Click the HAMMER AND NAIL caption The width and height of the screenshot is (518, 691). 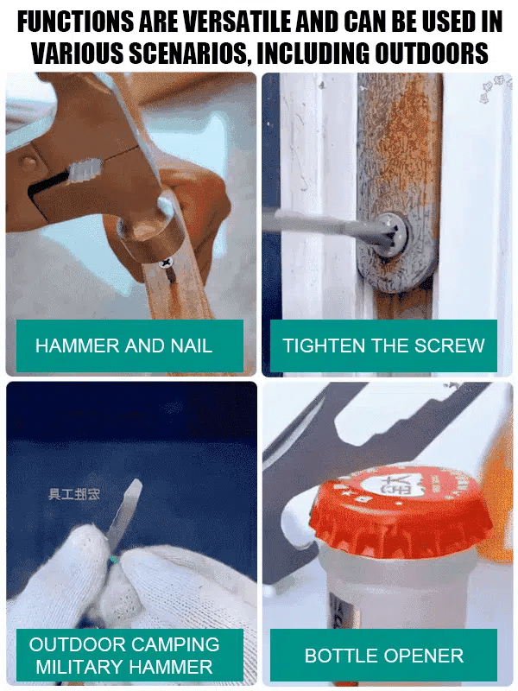pos(123,346)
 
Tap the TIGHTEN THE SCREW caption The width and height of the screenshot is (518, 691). pos(383,346)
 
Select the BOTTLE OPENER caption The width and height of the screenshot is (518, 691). pos(383,656)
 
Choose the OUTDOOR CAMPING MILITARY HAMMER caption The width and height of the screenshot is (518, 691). pos(123,656)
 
